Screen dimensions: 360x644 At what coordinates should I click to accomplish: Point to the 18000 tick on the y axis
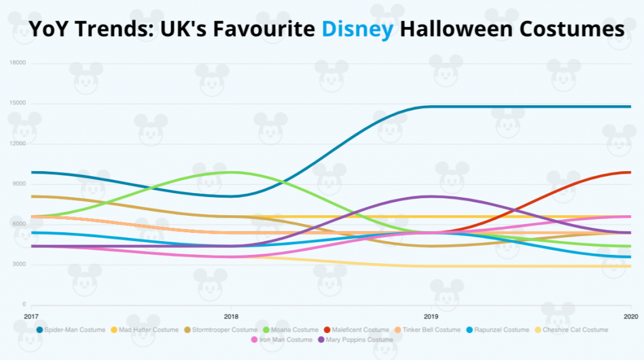18,63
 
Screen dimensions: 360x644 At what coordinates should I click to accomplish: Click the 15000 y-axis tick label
18,103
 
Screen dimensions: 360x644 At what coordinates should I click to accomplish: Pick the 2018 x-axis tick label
231,316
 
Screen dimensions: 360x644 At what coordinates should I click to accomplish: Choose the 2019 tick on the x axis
431,316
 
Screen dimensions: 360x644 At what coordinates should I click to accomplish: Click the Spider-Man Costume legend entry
73,330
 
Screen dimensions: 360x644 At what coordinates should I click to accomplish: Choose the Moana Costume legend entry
293,330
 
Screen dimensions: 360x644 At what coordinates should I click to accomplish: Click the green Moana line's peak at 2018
231,172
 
